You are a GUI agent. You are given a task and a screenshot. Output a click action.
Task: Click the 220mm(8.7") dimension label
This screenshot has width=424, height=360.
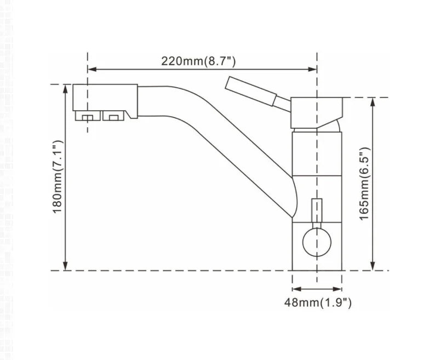pos(202,60)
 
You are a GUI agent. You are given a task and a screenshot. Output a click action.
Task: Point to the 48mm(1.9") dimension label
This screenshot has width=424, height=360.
pos(317,301)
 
